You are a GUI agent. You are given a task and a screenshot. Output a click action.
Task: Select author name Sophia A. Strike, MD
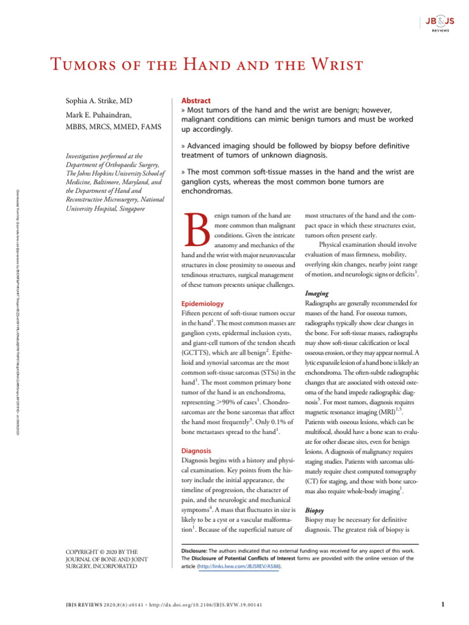pyautogui.click(x=100, y=101)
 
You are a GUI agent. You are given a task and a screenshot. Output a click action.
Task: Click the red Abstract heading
pyautogui.click(x=196, y=101)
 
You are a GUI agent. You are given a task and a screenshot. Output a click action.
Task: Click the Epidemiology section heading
pyautogui.click(x=203, y=303)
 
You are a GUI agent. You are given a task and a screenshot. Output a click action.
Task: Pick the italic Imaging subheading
pyautogui.click(x=317, y=294)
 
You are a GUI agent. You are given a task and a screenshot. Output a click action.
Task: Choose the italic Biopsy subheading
pyautogui.click(x=314, y=510)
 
